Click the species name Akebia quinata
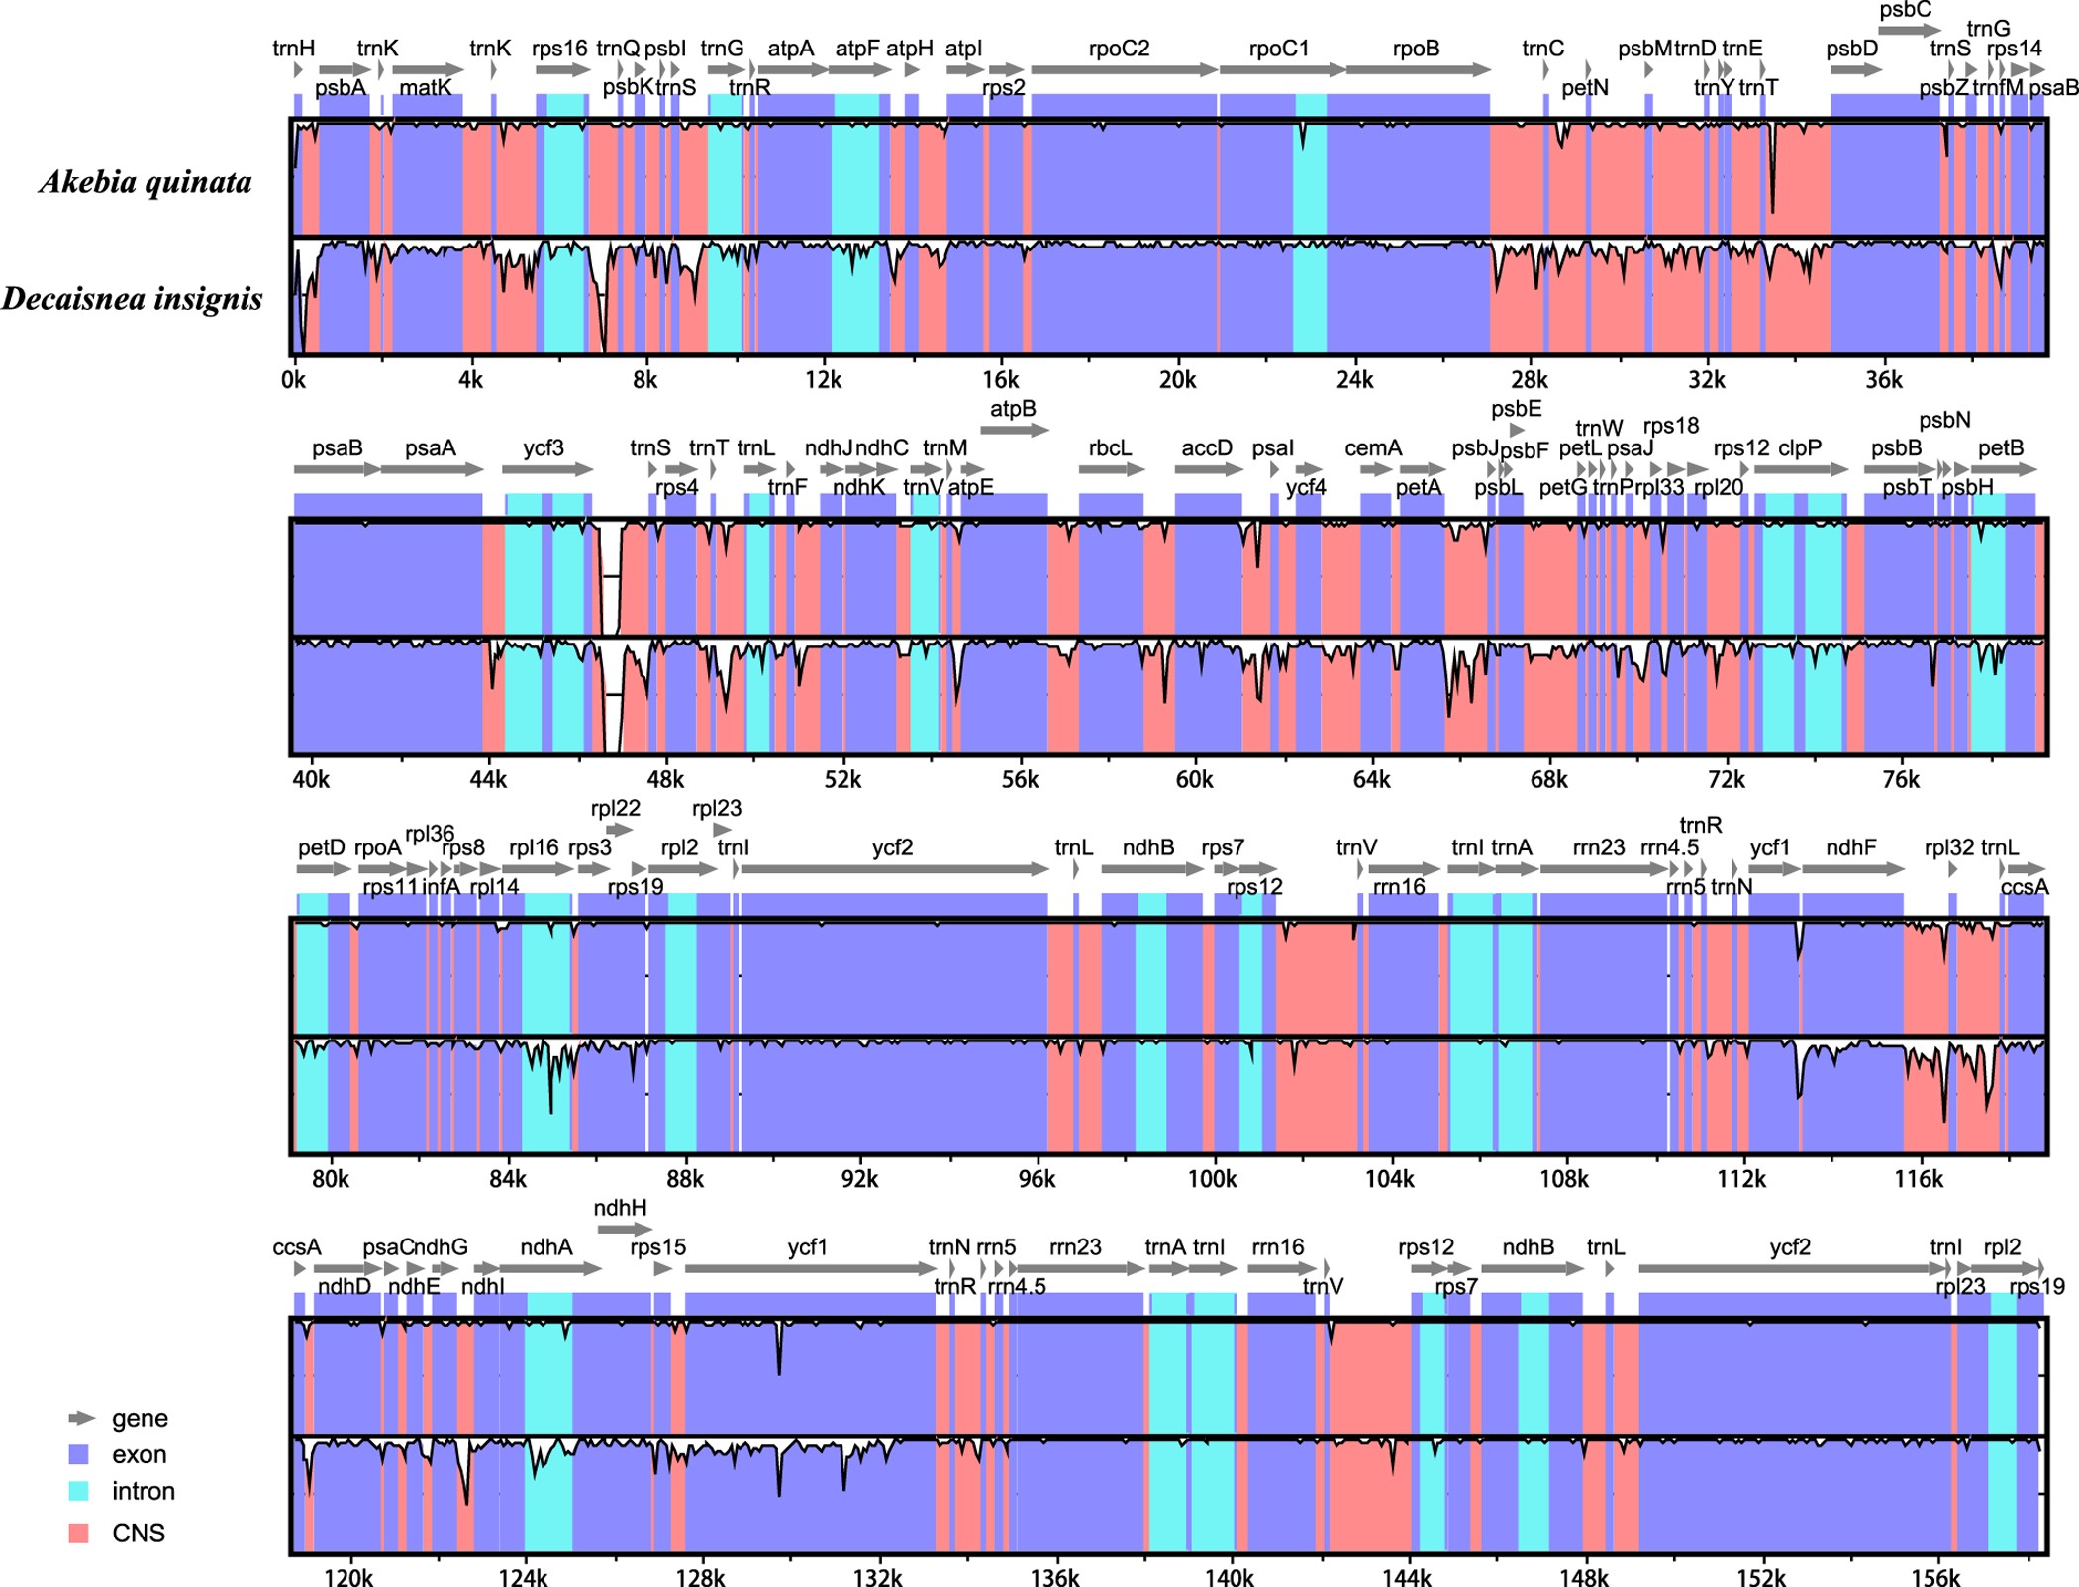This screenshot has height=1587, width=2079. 146,182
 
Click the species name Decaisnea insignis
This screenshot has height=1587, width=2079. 133,299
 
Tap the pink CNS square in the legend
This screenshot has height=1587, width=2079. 78,1533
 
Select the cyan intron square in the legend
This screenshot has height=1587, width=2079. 78,1491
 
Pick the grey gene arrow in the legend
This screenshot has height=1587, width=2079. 81,1418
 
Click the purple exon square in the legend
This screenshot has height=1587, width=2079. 78,1454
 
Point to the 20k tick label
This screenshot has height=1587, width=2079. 1177,380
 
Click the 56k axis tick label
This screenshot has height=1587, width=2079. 1019,780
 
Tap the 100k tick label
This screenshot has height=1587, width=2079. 1212,1179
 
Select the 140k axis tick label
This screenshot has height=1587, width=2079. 1229,1578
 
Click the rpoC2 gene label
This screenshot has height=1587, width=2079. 1119,49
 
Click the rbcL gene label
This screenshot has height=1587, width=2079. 1110,447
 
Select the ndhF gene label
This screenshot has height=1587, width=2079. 1850,847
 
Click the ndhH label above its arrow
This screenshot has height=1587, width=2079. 620,1208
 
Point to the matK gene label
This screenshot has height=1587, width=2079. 426,87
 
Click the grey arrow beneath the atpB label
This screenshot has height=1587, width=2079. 1015,430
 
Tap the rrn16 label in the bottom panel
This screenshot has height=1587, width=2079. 1277,1247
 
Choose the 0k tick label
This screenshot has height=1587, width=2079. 294,380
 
